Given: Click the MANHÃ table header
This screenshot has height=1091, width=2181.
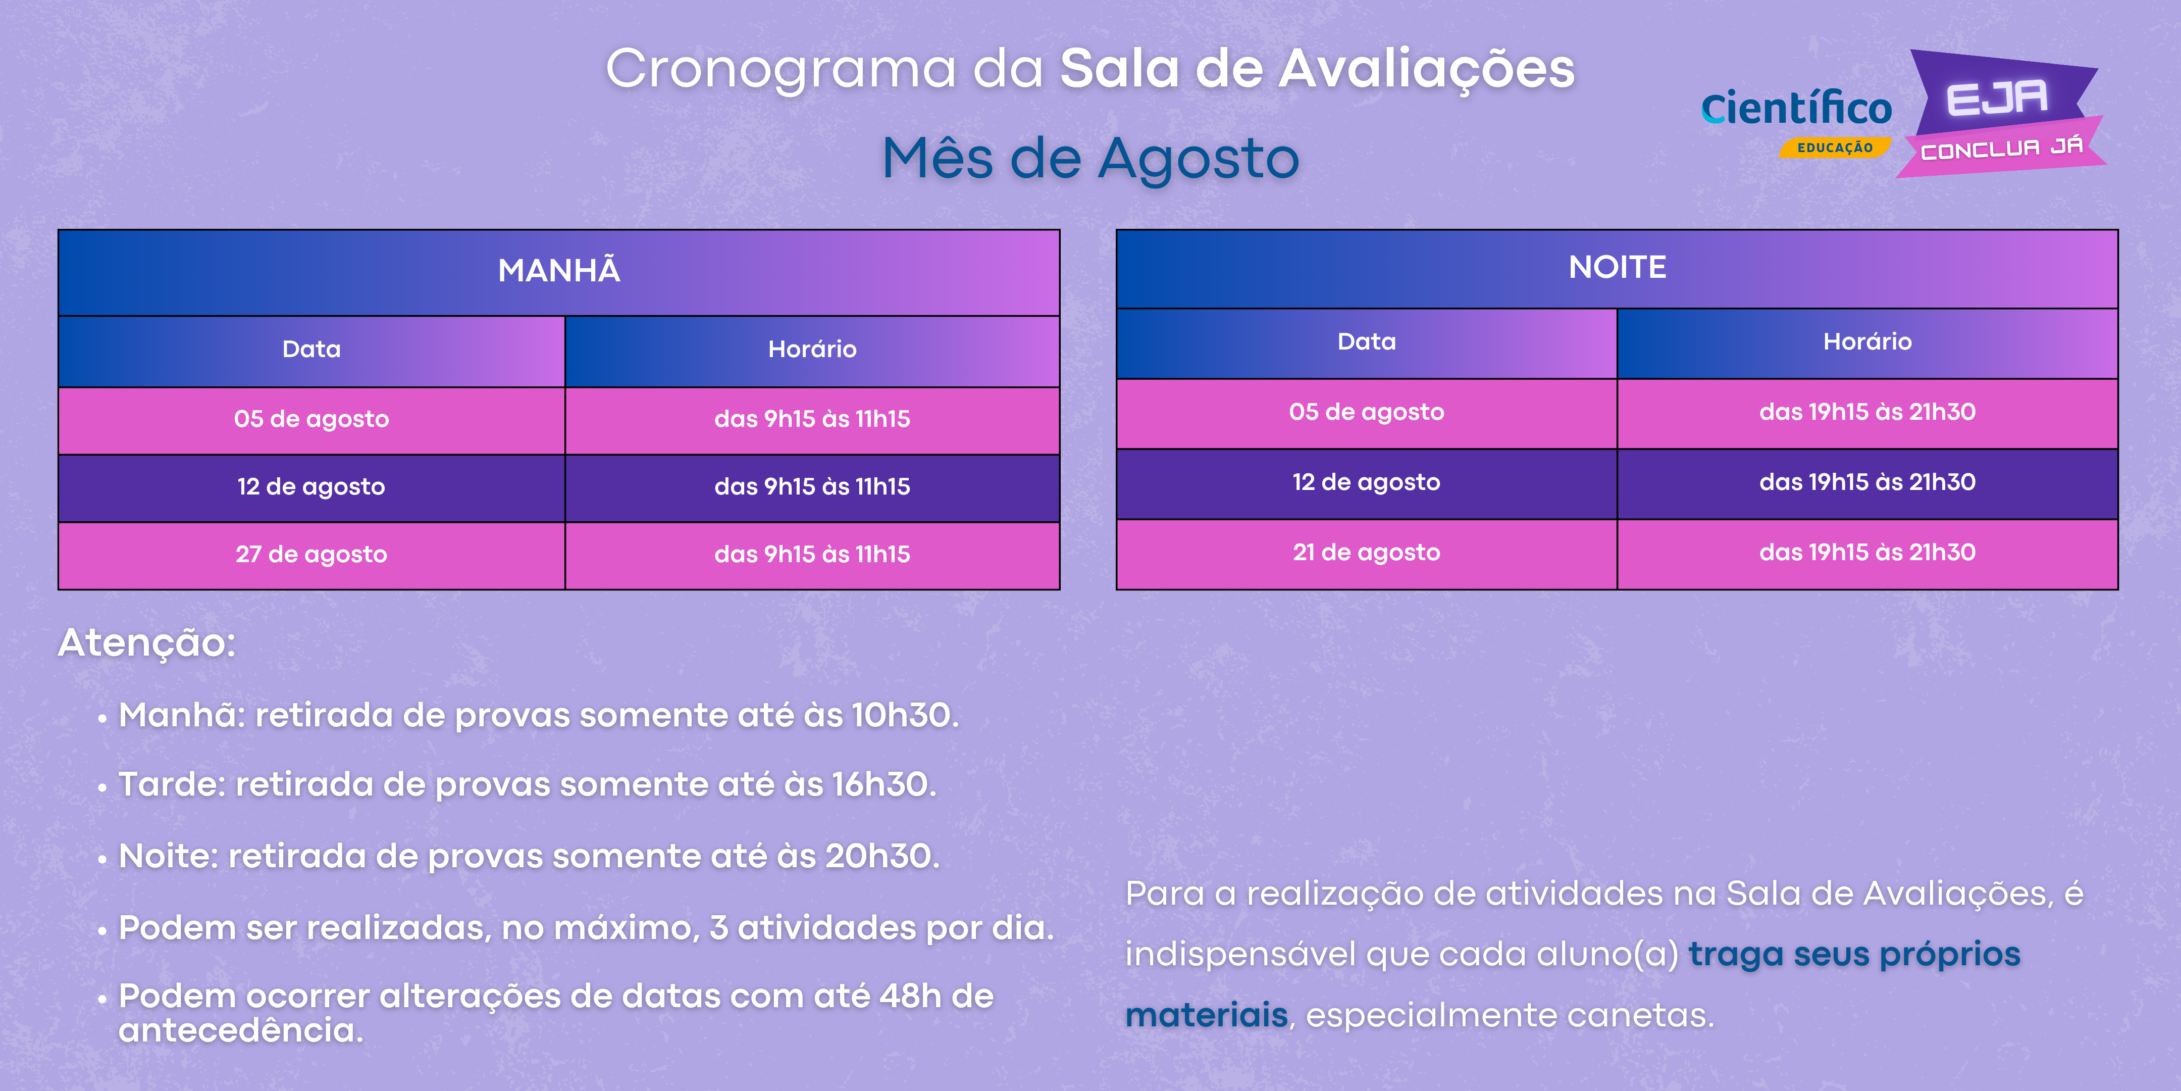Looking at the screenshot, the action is click(x=559, y=272).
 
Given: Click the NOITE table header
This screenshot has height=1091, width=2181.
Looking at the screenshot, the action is click(x=1617, y=269).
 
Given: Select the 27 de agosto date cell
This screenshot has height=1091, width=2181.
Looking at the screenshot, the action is click(x=311, y=555).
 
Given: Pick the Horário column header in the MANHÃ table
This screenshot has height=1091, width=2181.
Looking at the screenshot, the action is click(x=812, y=351).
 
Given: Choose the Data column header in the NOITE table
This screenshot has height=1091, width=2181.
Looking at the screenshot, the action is click(x=1367, y=343).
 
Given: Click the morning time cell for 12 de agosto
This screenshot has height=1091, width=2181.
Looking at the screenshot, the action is click(x=812, y=487).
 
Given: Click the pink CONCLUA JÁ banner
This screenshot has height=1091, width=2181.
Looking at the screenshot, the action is click(x=2001, y=148).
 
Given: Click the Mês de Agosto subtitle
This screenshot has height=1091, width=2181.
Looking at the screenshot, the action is click(x=1090, y=159).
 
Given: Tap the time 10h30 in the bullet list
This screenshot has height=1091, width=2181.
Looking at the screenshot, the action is click(x=901, y=716).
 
